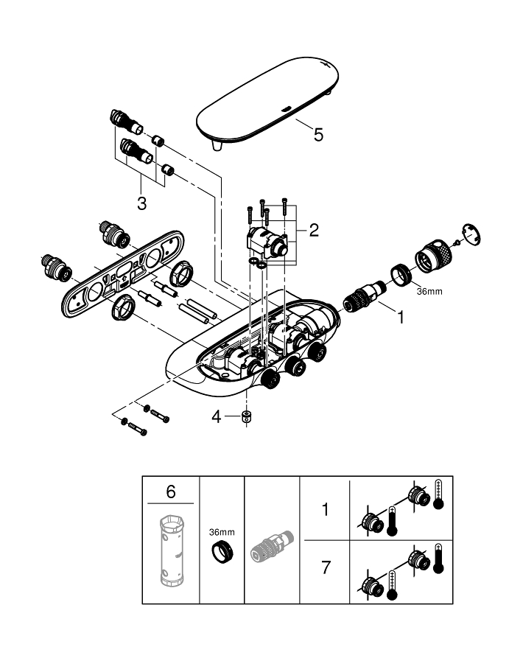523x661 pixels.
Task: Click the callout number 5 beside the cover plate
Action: (x=317, y=134)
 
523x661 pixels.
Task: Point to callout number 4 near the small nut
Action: (x=216, y=417)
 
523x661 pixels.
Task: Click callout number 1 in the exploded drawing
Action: (x=401, y=318)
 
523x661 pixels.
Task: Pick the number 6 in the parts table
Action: (x=171, y=490)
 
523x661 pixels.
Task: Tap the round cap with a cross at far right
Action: (x=469, y=233)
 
